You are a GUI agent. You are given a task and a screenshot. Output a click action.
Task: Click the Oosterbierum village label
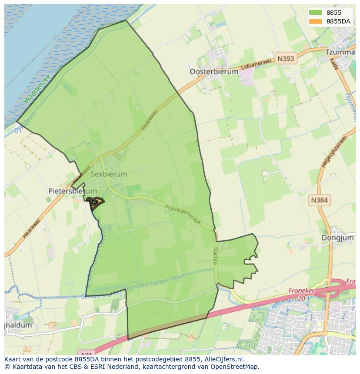[214, 72]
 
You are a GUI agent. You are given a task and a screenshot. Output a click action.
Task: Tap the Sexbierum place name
[109, 174]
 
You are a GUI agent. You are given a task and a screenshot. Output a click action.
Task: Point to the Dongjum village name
[338, 238]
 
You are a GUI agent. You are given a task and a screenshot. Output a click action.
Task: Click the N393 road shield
[285, 59]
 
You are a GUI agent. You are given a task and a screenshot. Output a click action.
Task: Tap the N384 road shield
[320, 200]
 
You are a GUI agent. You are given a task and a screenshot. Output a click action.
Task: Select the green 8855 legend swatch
[316, 13]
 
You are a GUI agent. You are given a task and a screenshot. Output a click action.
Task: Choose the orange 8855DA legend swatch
[316, 21]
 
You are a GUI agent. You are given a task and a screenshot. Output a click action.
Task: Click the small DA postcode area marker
[95, 202]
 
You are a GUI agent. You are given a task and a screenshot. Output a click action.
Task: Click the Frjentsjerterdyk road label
[183, 213]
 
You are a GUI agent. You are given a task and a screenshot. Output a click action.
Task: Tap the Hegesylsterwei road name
[333, 152]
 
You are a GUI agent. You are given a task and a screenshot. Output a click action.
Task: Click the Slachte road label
[215, 256]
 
